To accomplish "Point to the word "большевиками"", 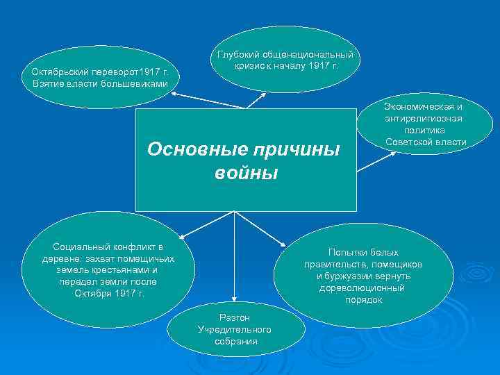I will (136, 84).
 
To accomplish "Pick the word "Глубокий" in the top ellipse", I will (238, 54).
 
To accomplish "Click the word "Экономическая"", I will (424, 107).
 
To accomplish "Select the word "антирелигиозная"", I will (424, 119).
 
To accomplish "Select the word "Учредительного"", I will (234, 329).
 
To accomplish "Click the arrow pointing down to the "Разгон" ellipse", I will (235, 257).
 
